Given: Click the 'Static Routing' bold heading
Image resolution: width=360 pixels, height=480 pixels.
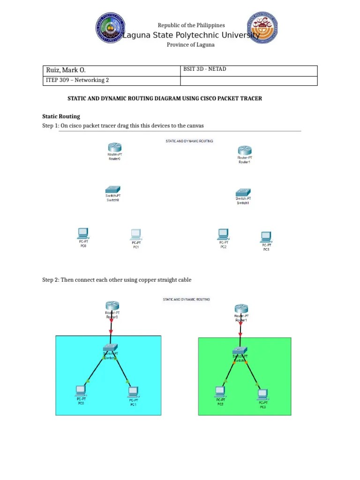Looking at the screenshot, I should pyautogui.click(x=61, y=116).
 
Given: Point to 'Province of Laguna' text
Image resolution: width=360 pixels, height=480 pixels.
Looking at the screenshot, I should pyautogui.click(x=191, y=45).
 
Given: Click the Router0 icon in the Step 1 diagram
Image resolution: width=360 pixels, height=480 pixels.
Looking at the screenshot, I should pyautogui.click(x=114, y=147).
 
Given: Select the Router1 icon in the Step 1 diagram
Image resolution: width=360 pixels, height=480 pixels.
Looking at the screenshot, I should pyautogui.click(x=244, y=150).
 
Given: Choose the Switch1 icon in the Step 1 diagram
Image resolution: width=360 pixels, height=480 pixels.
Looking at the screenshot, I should pyautogui.click(x=243, y=192).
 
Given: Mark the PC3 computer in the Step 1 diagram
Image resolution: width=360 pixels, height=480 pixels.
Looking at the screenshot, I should pyautogui.click(x=266, y=237).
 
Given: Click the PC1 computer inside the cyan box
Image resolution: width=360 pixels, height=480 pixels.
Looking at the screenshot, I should pyautogui.click(x=133, y=391).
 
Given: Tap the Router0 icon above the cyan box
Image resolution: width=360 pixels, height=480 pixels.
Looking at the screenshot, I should pyautogui.click(x=112, y=305).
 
